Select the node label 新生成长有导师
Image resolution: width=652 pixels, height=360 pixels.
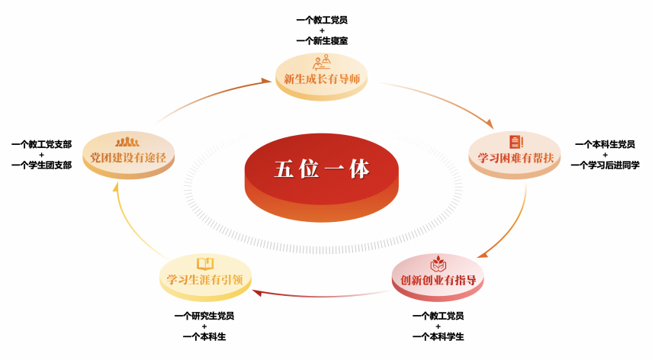click(321, 79)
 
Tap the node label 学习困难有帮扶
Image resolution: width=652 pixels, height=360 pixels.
click(515, 158)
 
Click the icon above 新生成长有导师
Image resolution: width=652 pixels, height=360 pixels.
click(321, 62)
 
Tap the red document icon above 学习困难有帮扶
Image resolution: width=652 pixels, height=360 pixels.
click(515, 141)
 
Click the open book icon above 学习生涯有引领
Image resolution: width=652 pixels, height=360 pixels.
click(204, 263)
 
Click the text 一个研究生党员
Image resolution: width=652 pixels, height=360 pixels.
click(204, 315)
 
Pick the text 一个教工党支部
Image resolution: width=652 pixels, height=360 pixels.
click(41, 143)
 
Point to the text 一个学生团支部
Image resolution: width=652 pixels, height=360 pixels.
click(41, 165)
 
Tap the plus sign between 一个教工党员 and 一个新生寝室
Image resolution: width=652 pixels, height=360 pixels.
click(326, 31)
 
